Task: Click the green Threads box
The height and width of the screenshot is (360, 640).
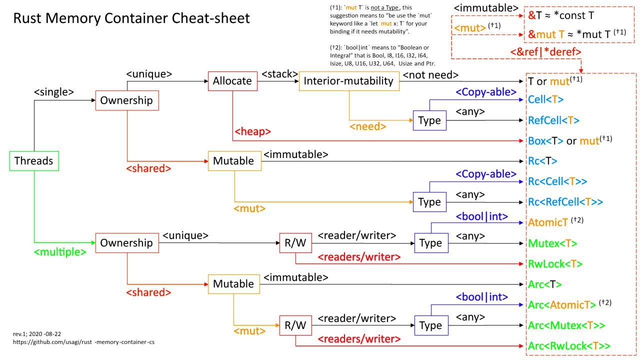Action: tap(34, 161)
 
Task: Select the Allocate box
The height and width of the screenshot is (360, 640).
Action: tap(232, 81)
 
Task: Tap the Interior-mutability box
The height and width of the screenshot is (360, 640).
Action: tap(349, 81)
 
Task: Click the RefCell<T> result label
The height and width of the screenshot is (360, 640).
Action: tap(553, 120)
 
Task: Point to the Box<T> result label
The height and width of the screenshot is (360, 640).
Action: tap(545, 141)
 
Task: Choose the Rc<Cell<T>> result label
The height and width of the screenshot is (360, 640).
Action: tap(557, 181)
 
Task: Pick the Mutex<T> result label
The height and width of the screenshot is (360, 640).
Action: tap(552, 243)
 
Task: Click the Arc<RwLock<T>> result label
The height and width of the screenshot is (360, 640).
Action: tap(569, 345)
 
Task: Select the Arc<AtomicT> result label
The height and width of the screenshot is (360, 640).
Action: tap(562, 305)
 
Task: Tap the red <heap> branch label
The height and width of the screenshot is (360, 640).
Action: tap(252, 131)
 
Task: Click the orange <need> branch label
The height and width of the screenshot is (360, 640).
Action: tap(367, 126)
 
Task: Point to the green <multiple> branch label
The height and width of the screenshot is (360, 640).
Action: tap(60, 252)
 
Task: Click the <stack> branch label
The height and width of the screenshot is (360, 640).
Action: tap(279, 74)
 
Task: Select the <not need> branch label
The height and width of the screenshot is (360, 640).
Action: tap(430, 75)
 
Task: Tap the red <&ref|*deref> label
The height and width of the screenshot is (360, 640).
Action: tap(545, 52)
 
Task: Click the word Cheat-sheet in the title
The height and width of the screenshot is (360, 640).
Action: tap(210, 18)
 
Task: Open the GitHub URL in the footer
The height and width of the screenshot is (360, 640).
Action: tap(83, 342)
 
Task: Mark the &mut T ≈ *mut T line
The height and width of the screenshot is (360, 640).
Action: tap(577, 34)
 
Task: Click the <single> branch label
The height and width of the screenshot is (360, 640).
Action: tap(53, 92)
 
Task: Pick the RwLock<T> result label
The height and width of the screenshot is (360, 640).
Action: tap(555, 263)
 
